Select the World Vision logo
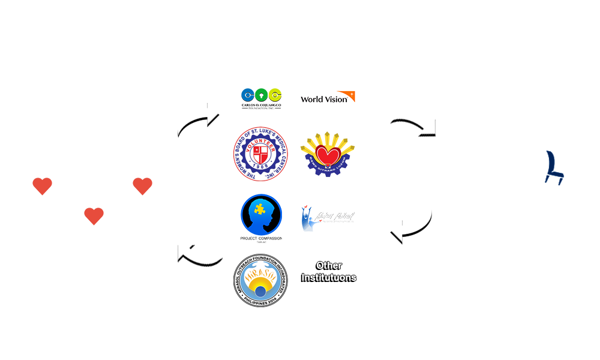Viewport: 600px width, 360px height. tap(327, 97)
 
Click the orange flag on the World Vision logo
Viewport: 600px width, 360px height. tap(350, 95)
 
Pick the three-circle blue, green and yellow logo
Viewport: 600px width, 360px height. tap(262, 98)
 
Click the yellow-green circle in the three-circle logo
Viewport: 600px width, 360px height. tap(275, 95)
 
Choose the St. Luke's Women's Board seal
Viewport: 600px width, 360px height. tap(260, 154)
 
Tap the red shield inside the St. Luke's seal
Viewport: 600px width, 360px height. tap(260, 152)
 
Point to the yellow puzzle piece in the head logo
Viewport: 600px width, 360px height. tap(259, 209)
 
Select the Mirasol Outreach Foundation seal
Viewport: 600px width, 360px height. tap(260, 280)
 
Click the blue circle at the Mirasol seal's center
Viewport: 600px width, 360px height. tap(261, 293)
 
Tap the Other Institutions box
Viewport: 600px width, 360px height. tap(329, 271)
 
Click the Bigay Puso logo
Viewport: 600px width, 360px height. tap(328, 218)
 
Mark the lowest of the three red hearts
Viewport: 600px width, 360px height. tap(94, 215)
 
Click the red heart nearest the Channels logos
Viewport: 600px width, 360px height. tap(142, 186)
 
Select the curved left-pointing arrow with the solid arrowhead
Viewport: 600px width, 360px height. tap(411, 226)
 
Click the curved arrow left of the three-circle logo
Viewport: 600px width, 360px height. tap(199, 122)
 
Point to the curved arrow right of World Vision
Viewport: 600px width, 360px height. tap(412, 125)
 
